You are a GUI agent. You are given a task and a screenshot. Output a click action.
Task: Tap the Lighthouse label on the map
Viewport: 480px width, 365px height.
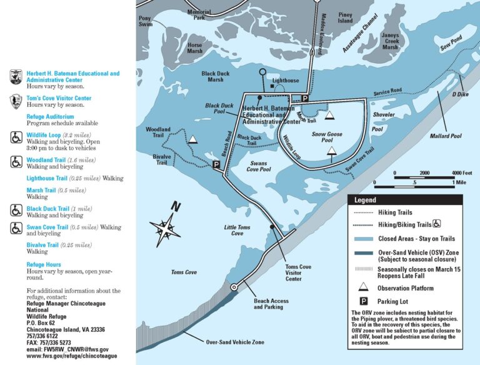click(286, 81)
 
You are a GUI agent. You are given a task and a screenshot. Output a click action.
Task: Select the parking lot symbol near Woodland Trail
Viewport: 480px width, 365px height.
click(216, 165)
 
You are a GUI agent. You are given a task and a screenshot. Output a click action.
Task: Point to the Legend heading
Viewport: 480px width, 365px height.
click(365, 200)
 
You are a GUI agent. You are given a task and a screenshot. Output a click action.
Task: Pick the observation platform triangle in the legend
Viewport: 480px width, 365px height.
click(363, 288)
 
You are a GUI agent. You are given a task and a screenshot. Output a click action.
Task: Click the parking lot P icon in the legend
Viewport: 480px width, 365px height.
click(363, 301)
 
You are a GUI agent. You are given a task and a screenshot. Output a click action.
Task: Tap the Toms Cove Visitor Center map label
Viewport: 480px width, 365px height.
click(298, 273)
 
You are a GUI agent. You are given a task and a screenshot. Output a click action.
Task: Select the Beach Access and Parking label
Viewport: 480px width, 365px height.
click(271, 304)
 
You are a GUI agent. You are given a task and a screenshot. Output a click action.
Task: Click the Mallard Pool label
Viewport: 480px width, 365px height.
click(445, 136)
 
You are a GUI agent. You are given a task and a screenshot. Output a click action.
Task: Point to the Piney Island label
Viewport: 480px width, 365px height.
click(345, 17)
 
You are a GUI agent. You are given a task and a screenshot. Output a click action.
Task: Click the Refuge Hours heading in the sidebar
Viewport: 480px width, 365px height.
click(44, 264)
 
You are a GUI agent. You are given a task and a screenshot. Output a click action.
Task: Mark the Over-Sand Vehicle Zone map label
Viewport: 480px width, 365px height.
click(235, 342)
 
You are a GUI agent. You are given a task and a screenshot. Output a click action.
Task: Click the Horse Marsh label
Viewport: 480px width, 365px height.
click(195, 49)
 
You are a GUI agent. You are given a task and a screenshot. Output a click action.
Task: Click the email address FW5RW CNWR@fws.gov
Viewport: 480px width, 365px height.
click(67, 349)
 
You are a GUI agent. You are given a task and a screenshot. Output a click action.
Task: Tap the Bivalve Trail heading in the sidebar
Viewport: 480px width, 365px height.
click(42, 245)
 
